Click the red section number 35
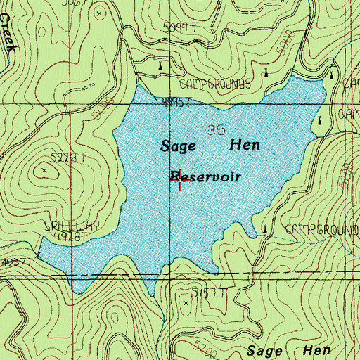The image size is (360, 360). pyautogui.click(x=217, y=129)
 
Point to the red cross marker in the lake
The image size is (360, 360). pyautogui.click(x=181, y=179)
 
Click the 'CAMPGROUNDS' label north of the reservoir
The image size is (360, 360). pyautogui.click(x=215, y=83)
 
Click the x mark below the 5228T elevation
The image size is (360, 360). pyautogui.click(x=46, y=170)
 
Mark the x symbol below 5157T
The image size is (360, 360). pyautogui.click(x=186, y=302)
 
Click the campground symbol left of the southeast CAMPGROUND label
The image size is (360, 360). pyautogui.click(x=265, y=229)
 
